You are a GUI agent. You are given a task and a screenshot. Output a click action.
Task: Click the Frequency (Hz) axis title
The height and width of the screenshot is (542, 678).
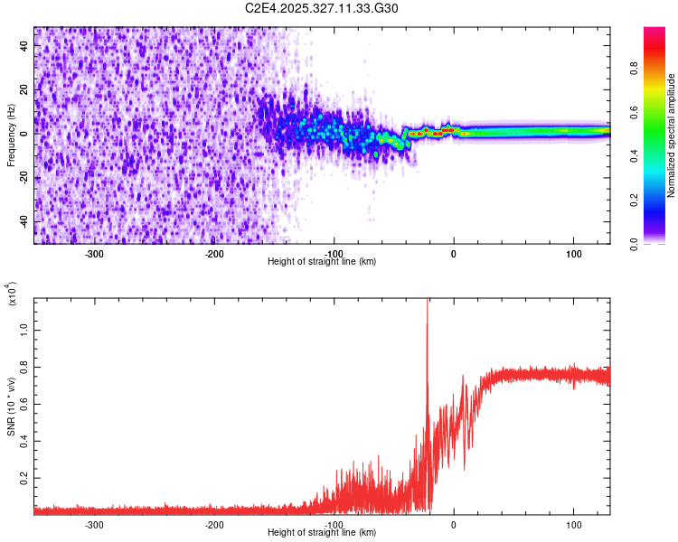11,135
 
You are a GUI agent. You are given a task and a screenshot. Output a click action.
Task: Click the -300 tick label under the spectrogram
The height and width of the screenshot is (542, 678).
95,254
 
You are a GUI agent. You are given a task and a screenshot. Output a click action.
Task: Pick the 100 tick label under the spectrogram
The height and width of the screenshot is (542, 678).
573,254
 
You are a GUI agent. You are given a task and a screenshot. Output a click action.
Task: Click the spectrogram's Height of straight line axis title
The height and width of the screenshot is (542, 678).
322,262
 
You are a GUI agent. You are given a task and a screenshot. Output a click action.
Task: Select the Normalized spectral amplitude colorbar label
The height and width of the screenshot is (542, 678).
672,135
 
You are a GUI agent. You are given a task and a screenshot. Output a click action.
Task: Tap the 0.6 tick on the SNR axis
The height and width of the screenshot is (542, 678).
25,404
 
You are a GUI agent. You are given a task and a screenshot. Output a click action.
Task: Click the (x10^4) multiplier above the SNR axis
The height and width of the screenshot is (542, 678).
13,295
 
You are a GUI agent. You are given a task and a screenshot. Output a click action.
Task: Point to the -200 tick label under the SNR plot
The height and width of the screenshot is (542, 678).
214,525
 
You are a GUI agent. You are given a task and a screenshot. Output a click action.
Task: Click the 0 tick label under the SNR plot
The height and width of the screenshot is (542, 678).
454,525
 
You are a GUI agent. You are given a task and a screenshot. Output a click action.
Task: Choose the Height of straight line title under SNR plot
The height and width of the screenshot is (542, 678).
322,533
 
